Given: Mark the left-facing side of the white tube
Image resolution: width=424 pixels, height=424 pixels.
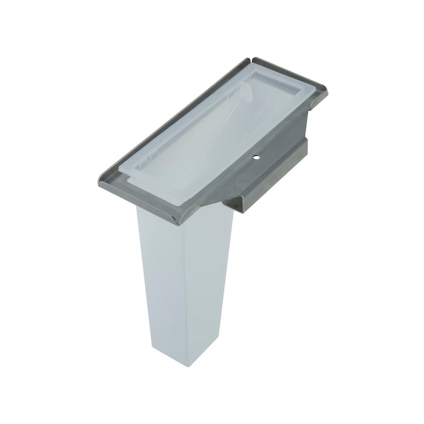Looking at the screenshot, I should pos(159,281).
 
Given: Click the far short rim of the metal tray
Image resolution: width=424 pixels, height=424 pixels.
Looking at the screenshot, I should pos(289,69).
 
